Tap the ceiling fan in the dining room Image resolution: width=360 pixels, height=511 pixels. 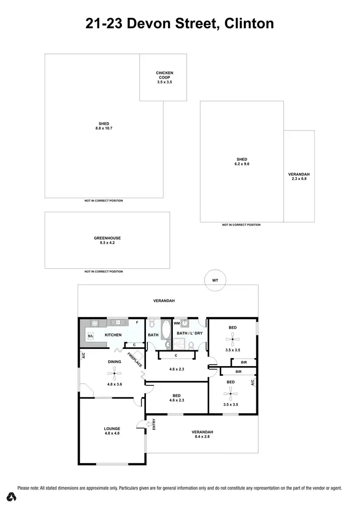114,370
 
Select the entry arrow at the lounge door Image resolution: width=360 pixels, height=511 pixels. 140,424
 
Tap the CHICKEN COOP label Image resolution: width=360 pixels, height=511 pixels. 164,75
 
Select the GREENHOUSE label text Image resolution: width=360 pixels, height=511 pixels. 107,238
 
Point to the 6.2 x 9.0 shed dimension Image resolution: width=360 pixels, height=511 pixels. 241,164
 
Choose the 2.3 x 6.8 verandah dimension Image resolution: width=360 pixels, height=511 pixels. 299,178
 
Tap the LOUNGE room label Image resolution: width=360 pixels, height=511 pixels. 112,428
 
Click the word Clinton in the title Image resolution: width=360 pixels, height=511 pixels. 249,23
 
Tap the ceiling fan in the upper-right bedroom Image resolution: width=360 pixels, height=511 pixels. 232,340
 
